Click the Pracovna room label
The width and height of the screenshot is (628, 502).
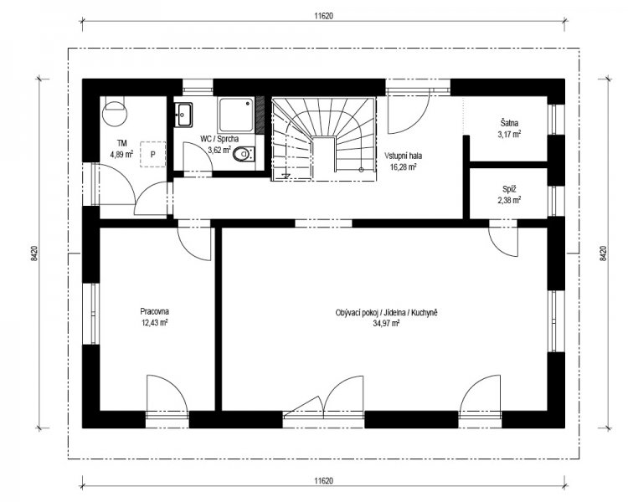click(x=154, y=311)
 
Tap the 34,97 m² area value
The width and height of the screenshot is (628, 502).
click(x=386, y=323)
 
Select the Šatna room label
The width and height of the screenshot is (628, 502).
click(x=509, y=123)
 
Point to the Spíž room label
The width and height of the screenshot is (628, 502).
click(x=509, y=189)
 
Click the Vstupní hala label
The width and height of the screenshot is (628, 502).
click(x=403, y=156)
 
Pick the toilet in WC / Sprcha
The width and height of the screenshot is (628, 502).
click(x=244, y=154)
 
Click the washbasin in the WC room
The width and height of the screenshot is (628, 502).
click(x=183, y=115)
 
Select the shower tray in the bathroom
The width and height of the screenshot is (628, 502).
click(x=236, y=115)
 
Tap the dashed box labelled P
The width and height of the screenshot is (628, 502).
click(x=152, y=154)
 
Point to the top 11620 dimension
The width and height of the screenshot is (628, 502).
click(x=323, y=16)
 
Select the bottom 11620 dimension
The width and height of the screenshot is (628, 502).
click(x=323, y=480)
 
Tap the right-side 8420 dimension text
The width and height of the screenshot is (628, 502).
click(x=603, y=254)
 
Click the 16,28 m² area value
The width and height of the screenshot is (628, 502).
click(x=403, y=166)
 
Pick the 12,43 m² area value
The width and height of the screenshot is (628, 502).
click(x=154, y=322)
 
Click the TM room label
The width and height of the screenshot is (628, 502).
click(x=121, y=143)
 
